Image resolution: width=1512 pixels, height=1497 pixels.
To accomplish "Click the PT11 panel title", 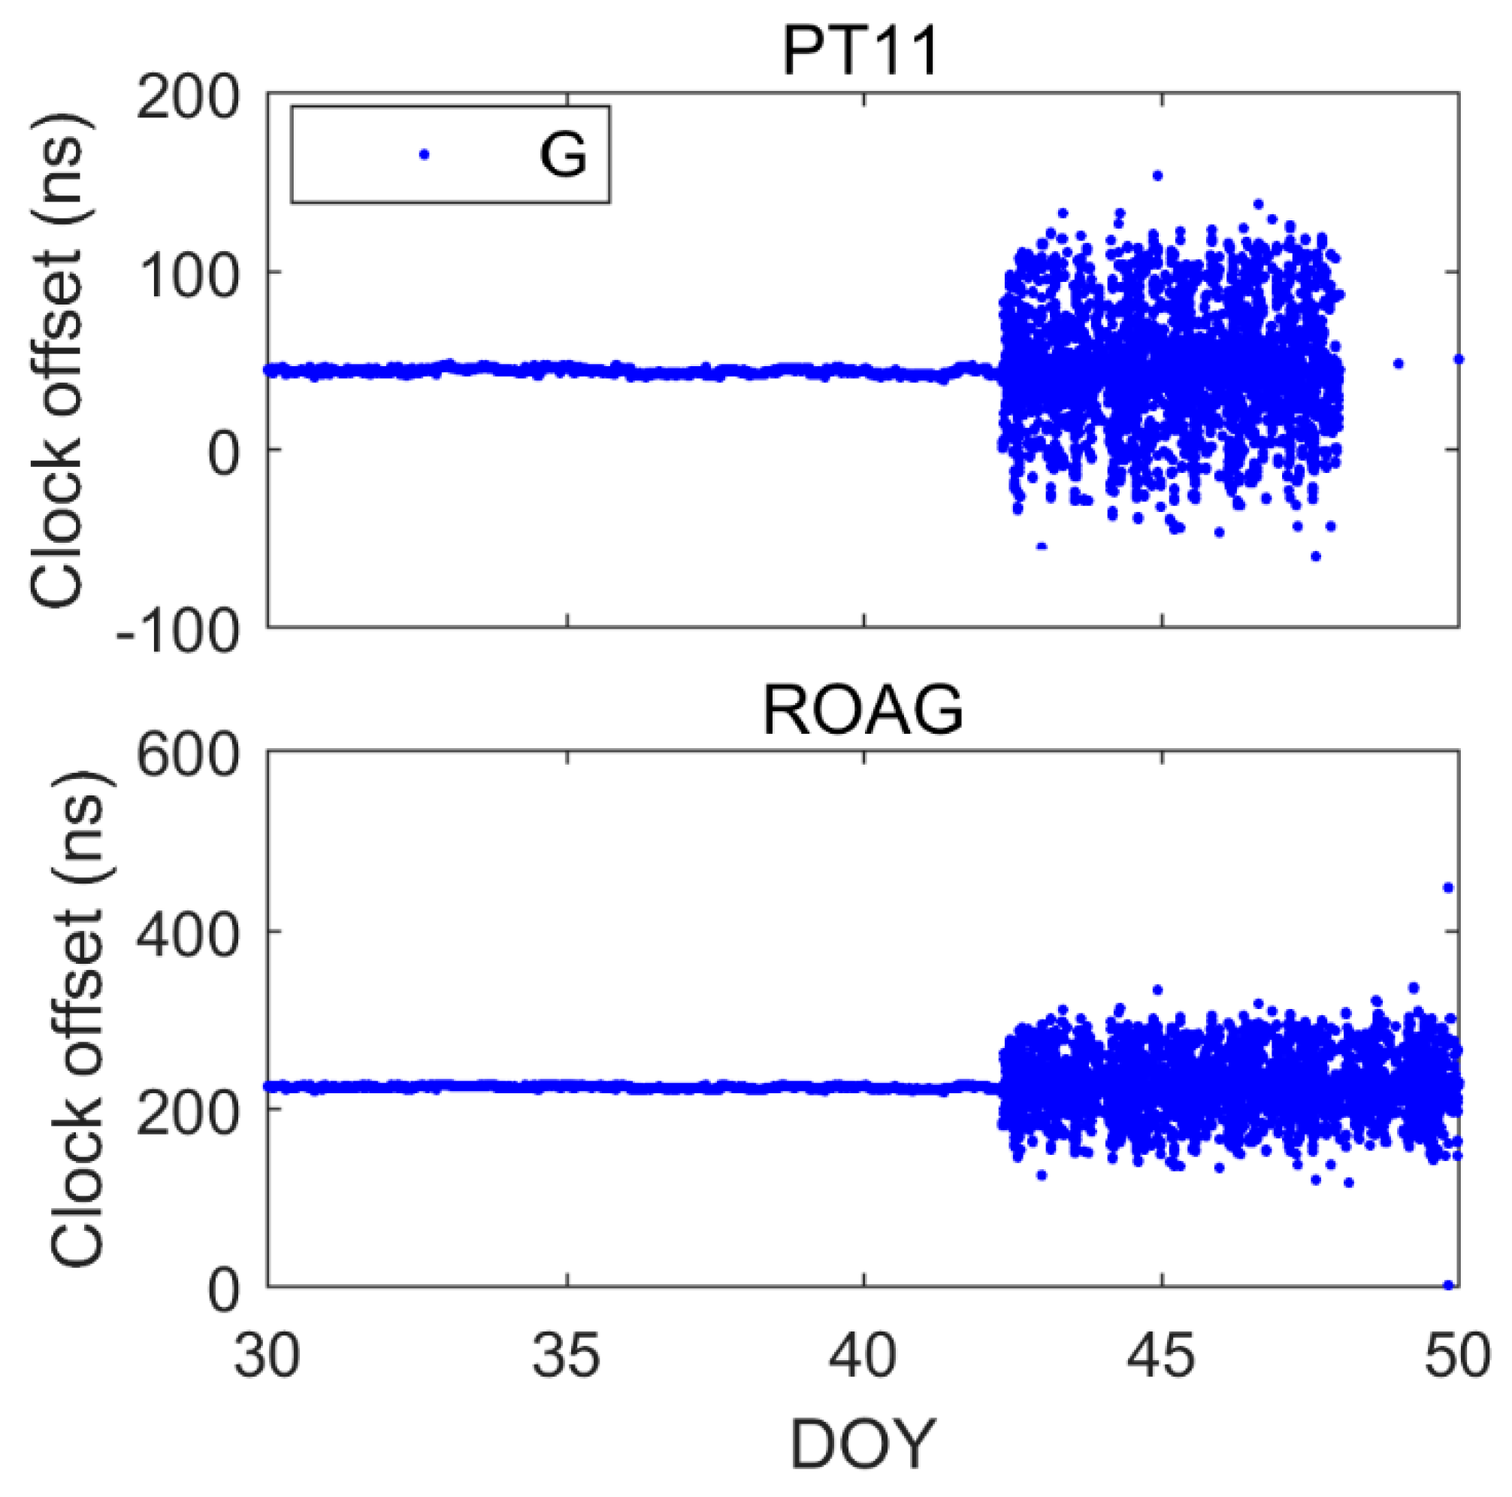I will click(x=860, y=53).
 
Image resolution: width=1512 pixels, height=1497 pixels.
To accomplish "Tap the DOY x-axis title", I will click(x=863, y=1445).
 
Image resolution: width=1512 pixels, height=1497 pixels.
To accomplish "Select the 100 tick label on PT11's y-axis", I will click(x=188, y=275).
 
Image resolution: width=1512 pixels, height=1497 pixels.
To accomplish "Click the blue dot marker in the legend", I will click(x=424, y=155).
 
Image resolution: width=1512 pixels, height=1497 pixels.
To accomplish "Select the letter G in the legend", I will click(x=563, y=155).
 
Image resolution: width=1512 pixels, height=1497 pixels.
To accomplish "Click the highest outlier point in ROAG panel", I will click(x=1448, y=887).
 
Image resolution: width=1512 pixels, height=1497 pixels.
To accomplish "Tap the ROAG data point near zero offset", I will click(x=1448, y=1285).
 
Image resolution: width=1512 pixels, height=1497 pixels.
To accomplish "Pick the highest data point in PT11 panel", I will click(x=1157, y=175).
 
